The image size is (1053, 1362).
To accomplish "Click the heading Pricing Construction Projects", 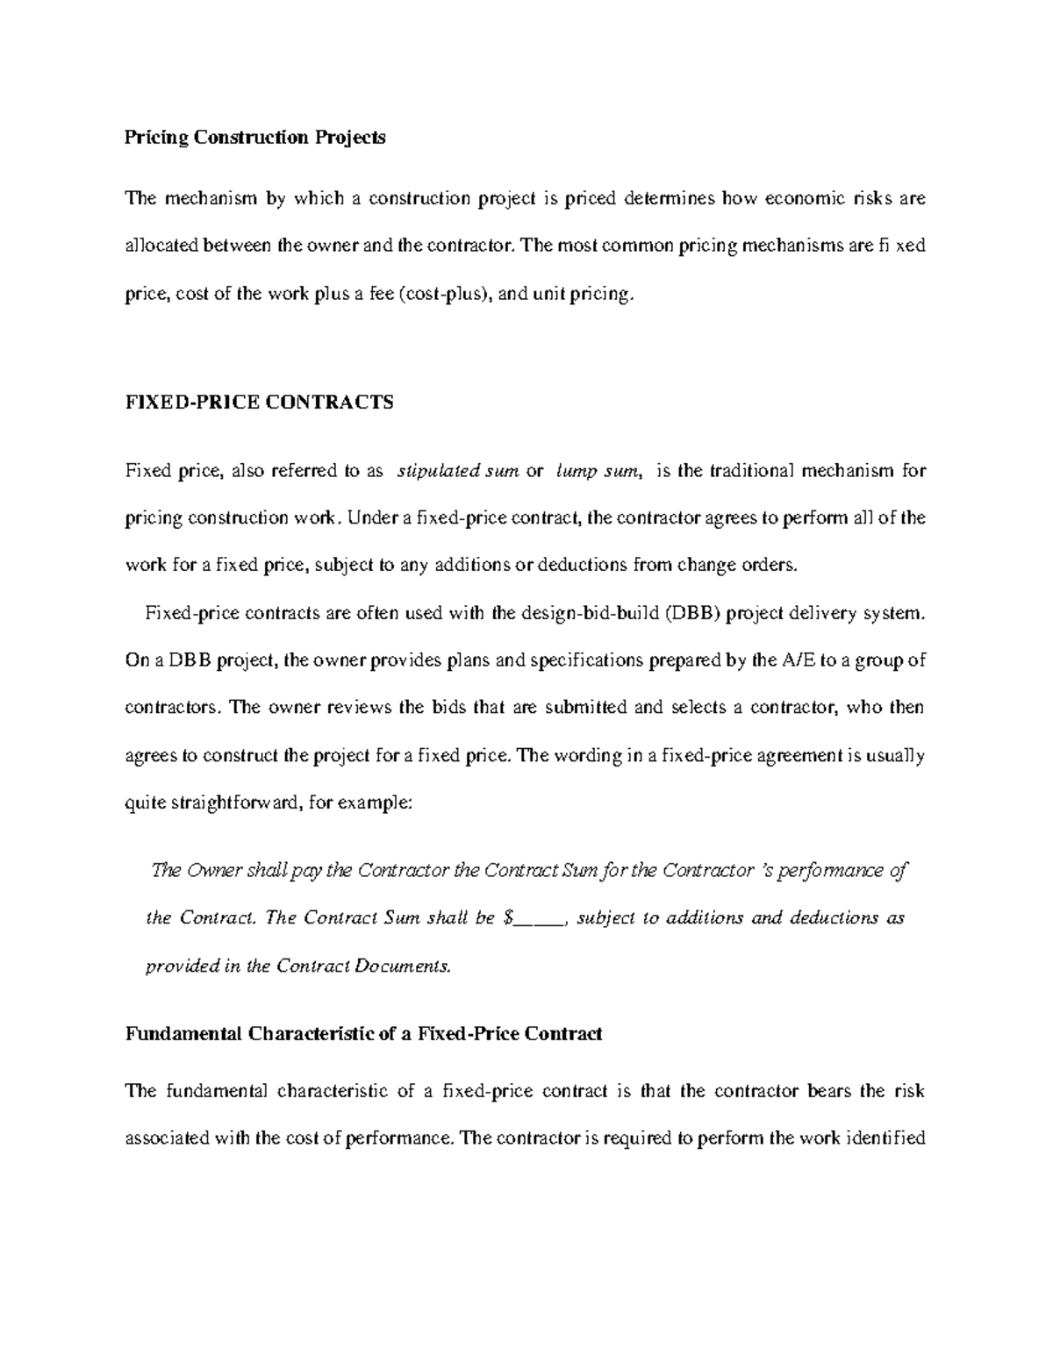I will click(255, 138).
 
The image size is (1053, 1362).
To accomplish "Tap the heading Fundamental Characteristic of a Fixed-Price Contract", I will click(364, 1033).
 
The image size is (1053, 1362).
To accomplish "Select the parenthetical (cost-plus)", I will click(446, 296).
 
